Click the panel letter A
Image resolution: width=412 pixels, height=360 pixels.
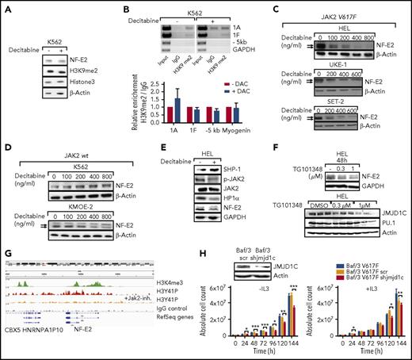[6, 6]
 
